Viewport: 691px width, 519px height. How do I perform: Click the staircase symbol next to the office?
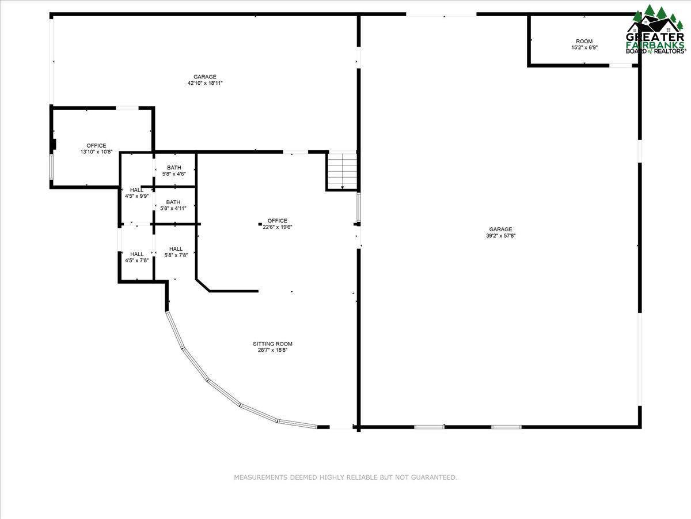pyautogui.click(x=342, y=170)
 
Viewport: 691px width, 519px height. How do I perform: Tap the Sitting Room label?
pyautogui.click(x=273, y=347)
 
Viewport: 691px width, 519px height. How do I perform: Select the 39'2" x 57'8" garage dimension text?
pyautogui.click(x=500, y=235)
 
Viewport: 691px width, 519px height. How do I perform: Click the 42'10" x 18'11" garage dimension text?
pyautogui.click(x=205, y=83)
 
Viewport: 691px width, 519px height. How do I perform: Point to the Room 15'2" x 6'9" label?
pyautogui.click(x=584, y=44)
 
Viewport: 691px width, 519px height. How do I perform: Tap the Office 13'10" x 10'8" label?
pyautogui.click(x=96, y=149)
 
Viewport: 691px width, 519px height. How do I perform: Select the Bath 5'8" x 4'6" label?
pyautogui.click(x=173, y=171)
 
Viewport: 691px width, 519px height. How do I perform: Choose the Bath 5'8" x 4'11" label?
pyautogui.click(x=173, y=205)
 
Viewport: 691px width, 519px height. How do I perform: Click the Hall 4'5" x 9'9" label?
pyautogui.click(x=136, y=193)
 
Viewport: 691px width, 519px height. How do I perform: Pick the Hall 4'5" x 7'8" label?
pyautogui.click(x=136, y=257)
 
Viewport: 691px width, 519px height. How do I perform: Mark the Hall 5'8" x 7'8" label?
pyautogui.click(x=176, y=252)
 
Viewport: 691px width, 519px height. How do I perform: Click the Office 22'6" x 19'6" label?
pyautogui.click(x=278, y=224)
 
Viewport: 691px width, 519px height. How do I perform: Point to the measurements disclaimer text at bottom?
pyautogui.click(x=345, y=477)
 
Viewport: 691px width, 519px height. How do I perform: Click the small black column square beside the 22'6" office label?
pyautogui.click(x=260, y=223)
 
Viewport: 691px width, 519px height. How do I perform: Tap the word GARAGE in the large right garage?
pyautogui.click(x=500, y=230)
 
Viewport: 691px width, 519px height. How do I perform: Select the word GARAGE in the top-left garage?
pyautogui.click(x=205, y=77)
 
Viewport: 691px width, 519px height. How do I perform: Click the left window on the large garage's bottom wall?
pyautogui.click(x=430, y=427)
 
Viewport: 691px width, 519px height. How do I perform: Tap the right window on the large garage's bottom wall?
pyautogui.click(x=506, y=427)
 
